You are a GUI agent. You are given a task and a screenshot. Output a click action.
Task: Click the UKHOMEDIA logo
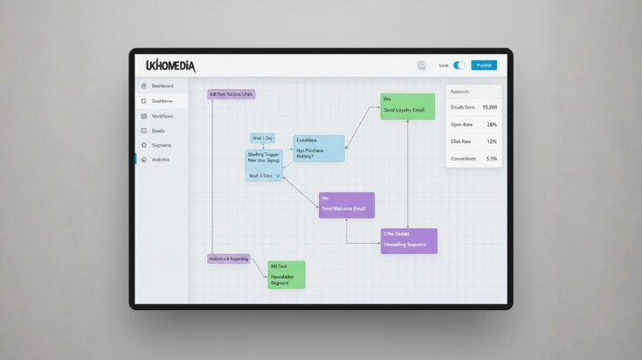(170, 66)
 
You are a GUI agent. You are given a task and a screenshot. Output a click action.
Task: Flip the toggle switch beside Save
(459, 66)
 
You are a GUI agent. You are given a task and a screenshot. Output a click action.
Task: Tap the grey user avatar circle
(422, 66)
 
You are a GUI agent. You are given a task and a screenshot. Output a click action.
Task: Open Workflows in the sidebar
(162, 116)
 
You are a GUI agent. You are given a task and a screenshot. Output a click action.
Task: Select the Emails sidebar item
(158, 130)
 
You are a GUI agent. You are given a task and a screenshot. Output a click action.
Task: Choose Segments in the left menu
(161, 145)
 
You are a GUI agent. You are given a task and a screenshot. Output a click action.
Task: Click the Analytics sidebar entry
(160, 160)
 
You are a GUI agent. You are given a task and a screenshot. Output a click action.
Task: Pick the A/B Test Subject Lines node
(231, 94)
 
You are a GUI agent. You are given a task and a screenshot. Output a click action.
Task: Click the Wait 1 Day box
(262, 138)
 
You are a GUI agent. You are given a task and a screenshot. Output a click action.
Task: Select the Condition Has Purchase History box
(319, 148)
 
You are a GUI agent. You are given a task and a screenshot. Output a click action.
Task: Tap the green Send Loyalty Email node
(407, 106)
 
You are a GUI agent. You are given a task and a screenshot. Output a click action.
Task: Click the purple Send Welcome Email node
(347, 205)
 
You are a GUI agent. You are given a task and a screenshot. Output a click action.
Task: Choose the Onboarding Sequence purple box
(409, 241)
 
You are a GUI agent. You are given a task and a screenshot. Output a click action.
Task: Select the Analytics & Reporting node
(228, 260)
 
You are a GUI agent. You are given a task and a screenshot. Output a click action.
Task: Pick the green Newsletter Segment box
(286, 274)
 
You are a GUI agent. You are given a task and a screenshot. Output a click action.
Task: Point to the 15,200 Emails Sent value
(489, 107)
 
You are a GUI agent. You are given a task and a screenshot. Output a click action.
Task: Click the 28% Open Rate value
(492, 125)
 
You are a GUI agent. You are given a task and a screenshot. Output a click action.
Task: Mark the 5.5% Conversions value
(491, 159)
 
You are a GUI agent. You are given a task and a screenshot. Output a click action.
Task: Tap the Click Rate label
(461, 142)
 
